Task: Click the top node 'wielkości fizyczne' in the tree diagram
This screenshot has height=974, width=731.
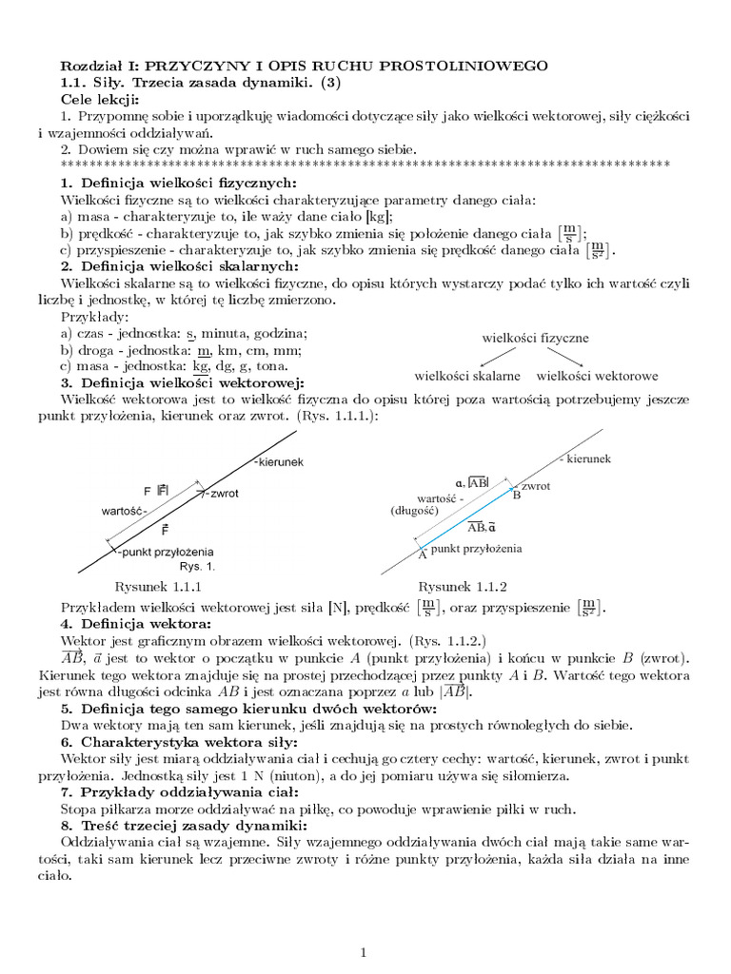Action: pos(536,338)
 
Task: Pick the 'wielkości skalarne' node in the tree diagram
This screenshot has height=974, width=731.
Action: pos(467,376)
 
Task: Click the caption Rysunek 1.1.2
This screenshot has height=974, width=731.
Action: pos(463,586)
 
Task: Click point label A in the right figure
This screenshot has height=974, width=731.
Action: pos(422,555)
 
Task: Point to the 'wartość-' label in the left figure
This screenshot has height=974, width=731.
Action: pos(124,511)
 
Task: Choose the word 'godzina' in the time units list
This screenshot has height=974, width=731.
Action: pos(276,333)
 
